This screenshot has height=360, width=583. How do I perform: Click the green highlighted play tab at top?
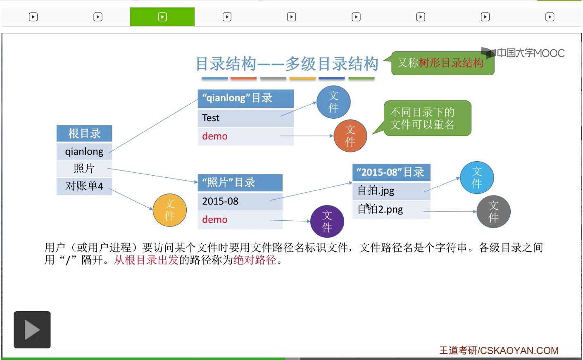[162, 17]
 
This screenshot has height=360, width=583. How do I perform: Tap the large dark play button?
[32, 329]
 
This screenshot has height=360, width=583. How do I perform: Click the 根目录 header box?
[84, 133]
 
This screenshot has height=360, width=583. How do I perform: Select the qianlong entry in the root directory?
[84, 152]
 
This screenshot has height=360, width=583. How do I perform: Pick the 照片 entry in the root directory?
[84, 168]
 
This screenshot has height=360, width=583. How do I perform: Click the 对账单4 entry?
[84, 186]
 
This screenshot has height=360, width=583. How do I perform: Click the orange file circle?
[350, 136]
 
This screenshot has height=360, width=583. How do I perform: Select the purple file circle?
[327, 222]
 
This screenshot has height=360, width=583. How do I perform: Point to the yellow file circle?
[170, 210]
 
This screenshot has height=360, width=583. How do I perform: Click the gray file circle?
[493, 212]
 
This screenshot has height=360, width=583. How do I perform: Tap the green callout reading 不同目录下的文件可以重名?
[427, 119]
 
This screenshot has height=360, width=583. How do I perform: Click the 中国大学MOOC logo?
[523, 53]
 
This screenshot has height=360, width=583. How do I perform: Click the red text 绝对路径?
[255, 260]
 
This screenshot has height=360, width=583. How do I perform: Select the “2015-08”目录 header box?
[391, 172]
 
